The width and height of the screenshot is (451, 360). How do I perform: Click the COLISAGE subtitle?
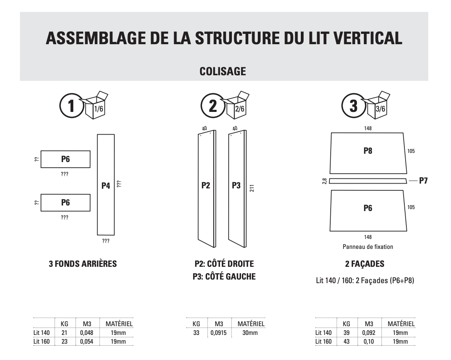tap(223, 71)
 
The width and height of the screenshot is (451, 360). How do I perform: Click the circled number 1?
tap(71, 106)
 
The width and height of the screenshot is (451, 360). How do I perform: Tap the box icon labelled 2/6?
tap(238, 106)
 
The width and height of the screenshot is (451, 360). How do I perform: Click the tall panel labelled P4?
tap(106, 185)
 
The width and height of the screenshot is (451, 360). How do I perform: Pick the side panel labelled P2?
tap(206, 186)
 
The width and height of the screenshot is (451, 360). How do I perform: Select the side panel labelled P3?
tap(237, 186)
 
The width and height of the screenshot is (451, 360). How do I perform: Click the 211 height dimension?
tap(252, 188)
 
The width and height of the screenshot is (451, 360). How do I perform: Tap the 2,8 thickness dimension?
tap(324, 181)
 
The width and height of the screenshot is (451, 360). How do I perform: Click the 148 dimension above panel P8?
tap(368, 128)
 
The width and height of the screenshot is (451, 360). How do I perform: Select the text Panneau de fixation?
tap(368, 247)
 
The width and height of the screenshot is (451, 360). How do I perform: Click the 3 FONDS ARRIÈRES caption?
tap(82, 264)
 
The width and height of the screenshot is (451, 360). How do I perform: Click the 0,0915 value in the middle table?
tap(218, 333)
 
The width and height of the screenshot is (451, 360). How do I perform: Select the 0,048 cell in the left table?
tap(86, 333)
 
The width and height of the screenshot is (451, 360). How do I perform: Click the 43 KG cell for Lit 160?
tap(346, 342)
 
